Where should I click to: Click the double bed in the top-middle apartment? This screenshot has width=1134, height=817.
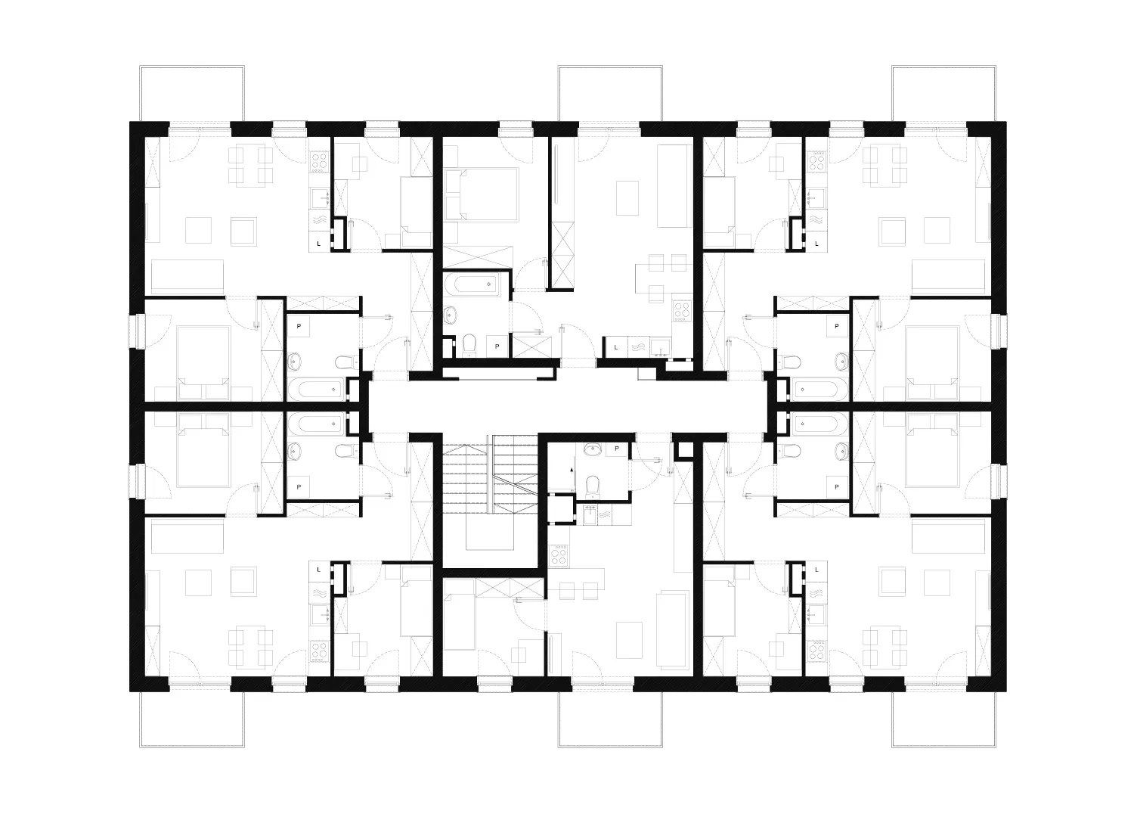(x=481, y=194)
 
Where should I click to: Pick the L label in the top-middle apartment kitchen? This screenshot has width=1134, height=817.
(x=616, y=346)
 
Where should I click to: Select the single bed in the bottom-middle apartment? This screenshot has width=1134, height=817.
(x=459, y=621)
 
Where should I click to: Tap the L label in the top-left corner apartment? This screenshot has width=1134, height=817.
(x=318, y=244)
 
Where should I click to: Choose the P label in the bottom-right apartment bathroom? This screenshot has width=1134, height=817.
(x=836, y=486)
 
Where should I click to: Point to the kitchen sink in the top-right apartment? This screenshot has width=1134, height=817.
(x=816, y=198)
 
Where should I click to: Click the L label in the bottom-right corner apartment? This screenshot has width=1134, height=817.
(x=817, y=569)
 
